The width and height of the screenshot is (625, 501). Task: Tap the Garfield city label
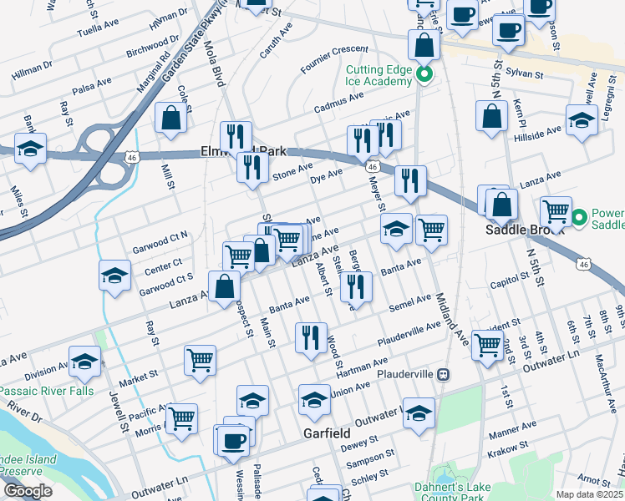(x=327, y=434)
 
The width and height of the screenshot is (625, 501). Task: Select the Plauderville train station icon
(x=445, y=374)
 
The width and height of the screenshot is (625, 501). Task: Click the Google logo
(x=28, y=491)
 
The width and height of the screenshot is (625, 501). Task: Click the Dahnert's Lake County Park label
(x=449, y=492)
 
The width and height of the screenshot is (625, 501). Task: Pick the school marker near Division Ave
(x=84, y=362)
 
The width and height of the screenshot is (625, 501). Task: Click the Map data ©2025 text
(x=589, y=494)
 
